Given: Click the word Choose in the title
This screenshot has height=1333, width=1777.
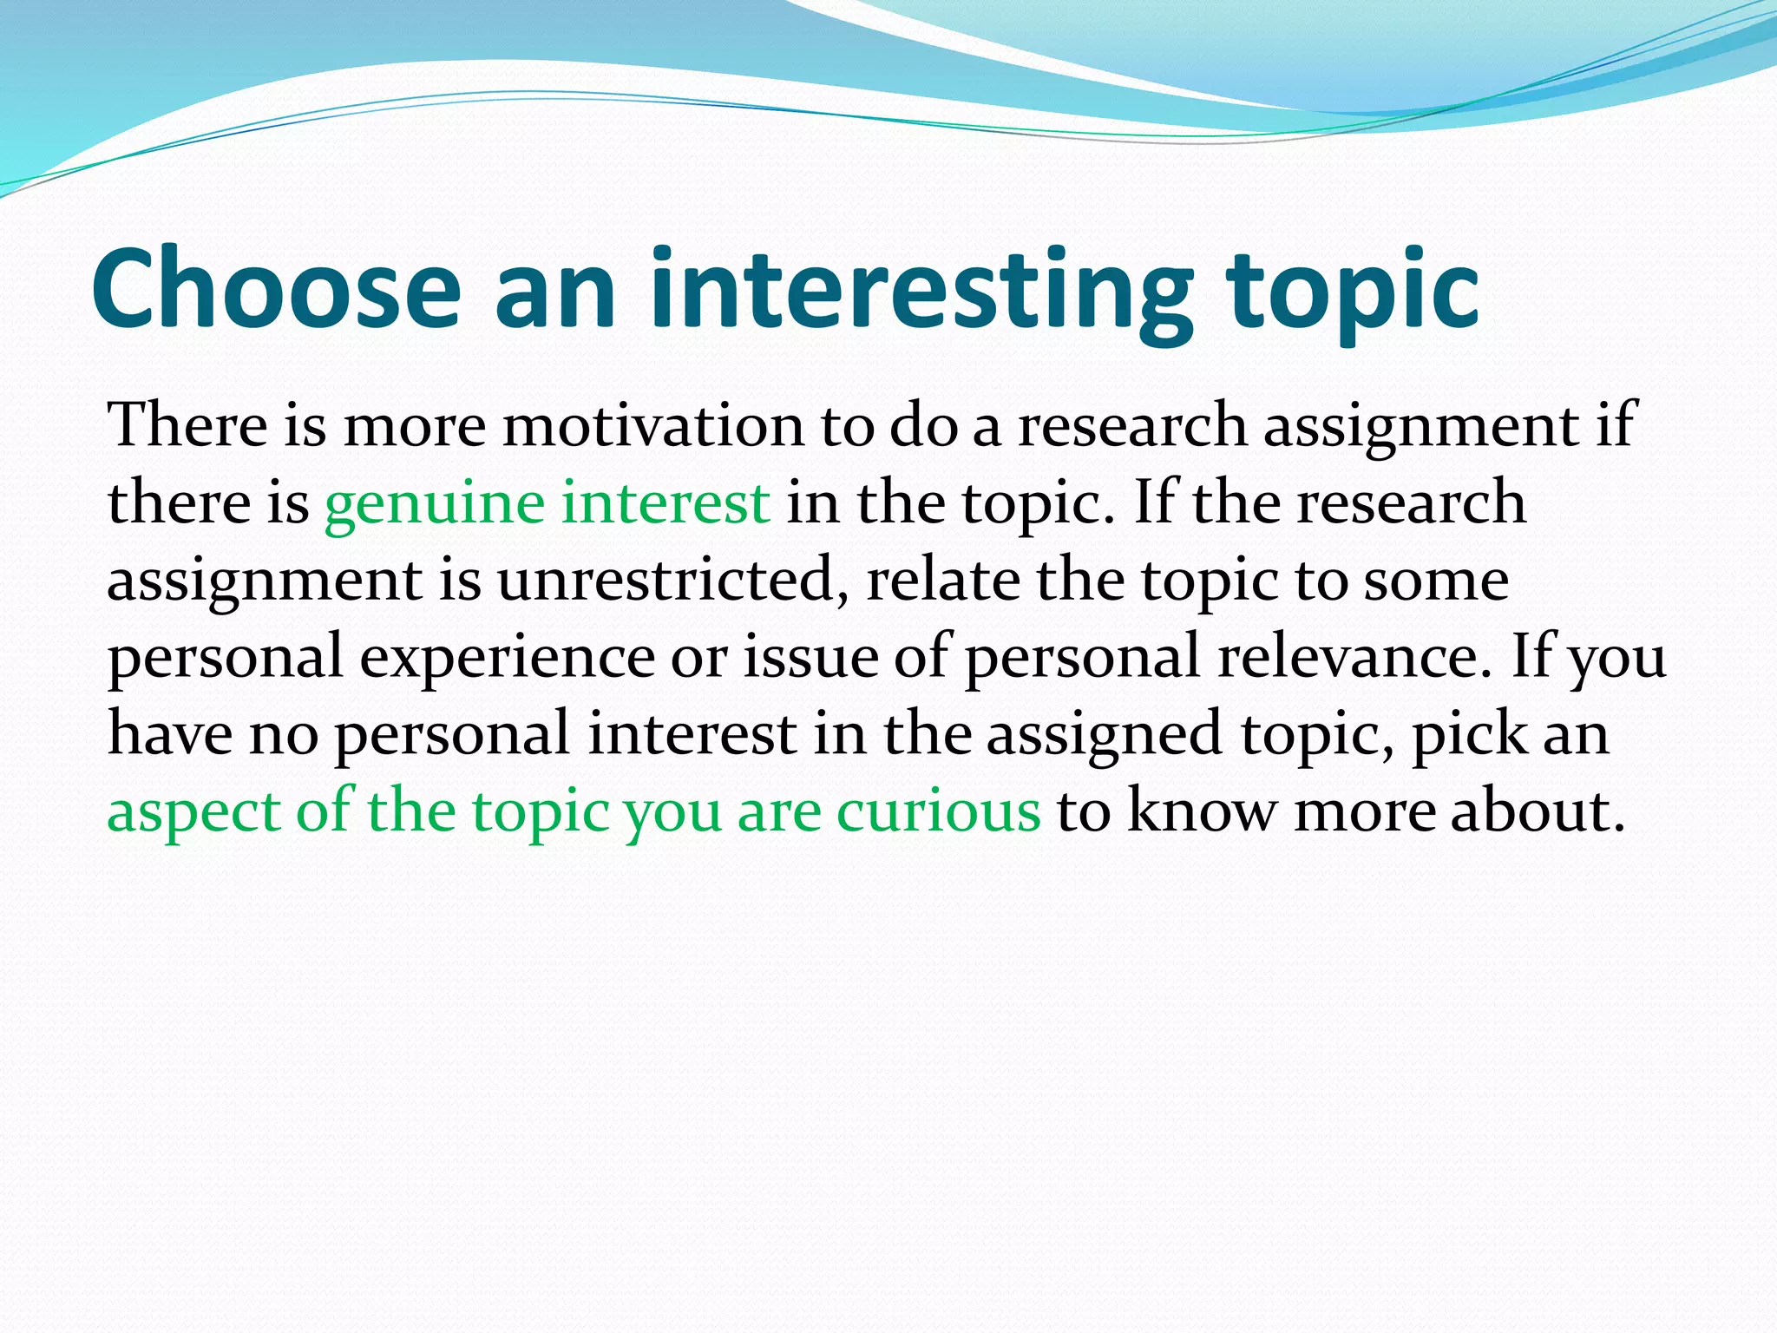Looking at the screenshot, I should (276, 288).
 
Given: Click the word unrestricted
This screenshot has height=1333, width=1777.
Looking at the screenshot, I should (672, 580).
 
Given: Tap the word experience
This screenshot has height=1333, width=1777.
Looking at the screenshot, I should (507, 658).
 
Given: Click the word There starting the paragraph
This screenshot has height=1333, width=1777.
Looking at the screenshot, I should (187, 426).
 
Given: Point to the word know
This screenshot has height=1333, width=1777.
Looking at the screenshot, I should (1201, 812).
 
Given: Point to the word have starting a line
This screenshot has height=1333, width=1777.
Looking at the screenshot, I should (170, 733).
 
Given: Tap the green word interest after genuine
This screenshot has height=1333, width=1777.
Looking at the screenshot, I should (665, 503).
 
